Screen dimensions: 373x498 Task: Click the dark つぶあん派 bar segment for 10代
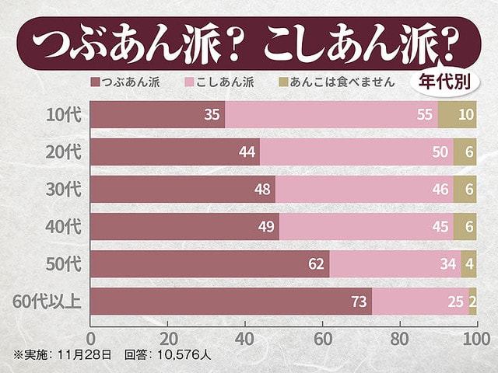(x=156, y=115)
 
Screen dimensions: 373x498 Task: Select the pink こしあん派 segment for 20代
(x=356, y=152)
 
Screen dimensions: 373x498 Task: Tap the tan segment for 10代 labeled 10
(x=457, y=115)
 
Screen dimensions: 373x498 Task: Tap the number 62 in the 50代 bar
(x=316, y=263)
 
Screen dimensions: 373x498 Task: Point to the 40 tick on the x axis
(x=245, y=340)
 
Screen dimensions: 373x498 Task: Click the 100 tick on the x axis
(x=475, y=340)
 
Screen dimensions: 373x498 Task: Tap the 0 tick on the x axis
(x=91, y=340)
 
